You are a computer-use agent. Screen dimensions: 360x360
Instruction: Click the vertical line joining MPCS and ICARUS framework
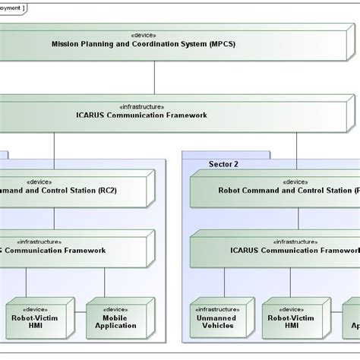[x=155, y=77]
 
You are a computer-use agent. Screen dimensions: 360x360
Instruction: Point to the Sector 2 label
[x=223, y=163]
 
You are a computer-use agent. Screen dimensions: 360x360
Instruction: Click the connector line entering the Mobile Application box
[x=115, y=284]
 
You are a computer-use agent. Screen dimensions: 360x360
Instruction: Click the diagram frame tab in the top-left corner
[x=11, y=7]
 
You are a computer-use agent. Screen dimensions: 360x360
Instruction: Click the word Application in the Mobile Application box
[x=115, y=326]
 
